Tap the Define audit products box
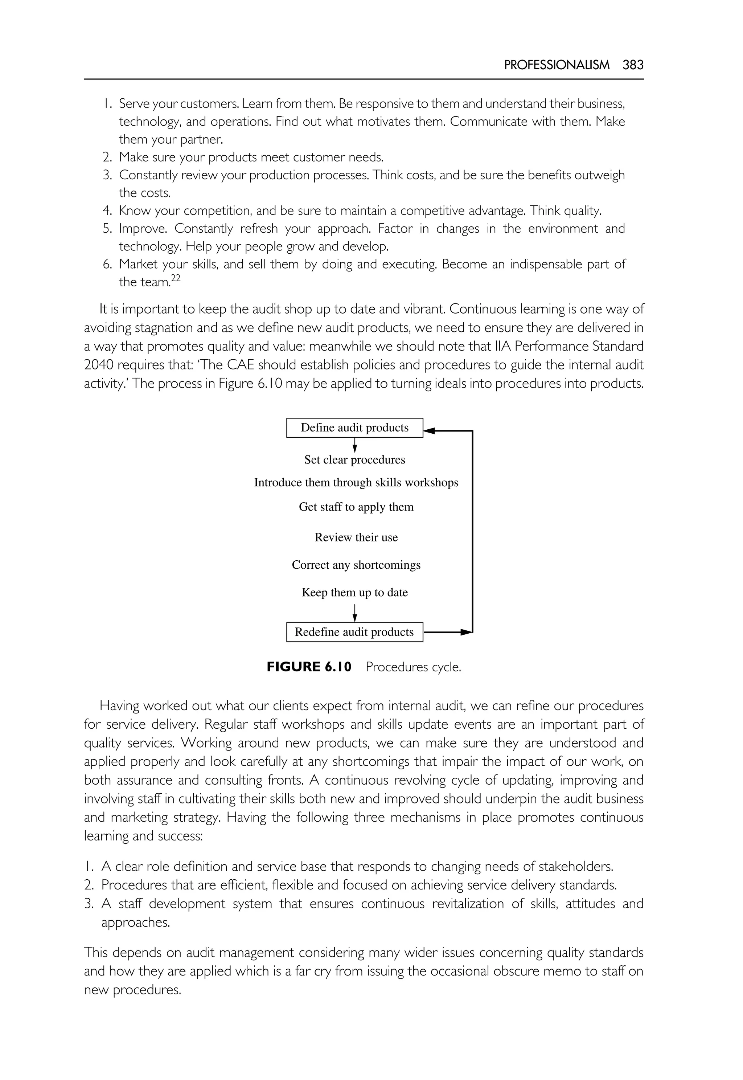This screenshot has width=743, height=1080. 354,427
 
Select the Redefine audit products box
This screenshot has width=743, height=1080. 354,632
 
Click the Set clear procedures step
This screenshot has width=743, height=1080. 354,460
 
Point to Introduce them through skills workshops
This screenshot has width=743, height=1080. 356,483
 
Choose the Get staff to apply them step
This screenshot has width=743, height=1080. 356,507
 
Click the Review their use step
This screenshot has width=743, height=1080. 356,537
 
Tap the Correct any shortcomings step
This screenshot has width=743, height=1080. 356,565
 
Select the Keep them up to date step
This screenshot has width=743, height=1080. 355,592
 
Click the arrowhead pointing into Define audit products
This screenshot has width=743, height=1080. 429,431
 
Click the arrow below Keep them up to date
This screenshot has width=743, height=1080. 355,613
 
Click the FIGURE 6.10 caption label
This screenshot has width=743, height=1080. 309,667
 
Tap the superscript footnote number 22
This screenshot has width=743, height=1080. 175,278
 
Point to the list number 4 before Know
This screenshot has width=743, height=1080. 107,211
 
